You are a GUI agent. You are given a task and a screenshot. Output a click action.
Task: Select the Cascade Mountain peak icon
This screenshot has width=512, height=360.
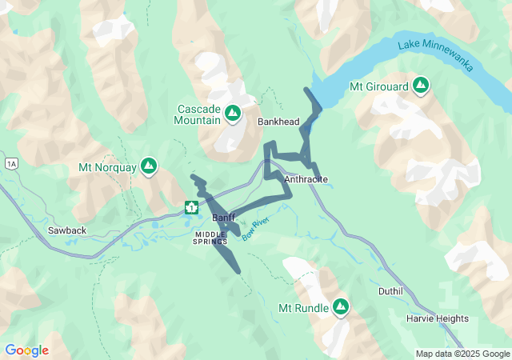[233, 114]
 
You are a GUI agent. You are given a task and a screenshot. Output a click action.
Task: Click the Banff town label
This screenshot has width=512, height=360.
[223, 218]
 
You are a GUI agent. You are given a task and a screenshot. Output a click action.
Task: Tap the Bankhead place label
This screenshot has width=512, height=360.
[278, 122]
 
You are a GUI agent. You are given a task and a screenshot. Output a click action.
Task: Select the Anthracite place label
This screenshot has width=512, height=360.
[306, 179]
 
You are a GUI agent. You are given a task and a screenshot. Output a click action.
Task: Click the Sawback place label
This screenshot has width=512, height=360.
[66, 230]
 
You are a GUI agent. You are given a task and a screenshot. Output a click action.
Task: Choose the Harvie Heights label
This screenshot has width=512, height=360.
[437, 318]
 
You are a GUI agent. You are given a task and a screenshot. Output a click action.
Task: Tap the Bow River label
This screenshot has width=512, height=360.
[254, 231]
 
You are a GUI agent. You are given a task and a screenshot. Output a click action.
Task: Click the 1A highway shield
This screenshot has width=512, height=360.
[11, 164]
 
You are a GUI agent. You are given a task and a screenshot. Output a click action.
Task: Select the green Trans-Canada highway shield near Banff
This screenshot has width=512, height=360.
[191, 208]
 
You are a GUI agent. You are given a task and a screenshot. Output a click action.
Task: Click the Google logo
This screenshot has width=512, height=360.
[26, 350]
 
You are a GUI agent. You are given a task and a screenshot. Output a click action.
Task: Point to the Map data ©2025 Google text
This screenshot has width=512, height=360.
[462, 354]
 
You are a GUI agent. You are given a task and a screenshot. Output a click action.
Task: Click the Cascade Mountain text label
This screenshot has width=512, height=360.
[198, 114]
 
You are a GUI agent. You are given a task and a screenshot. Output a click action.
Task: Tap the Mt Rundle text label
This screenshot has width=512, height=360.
[302, 309]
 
